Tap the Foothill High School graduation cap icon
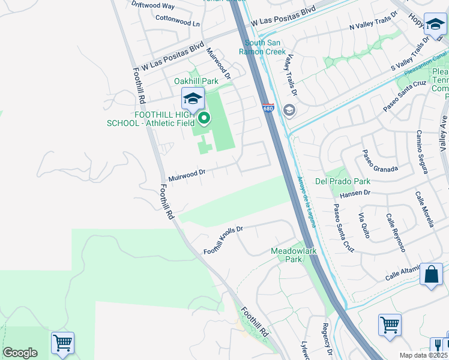click(193, 98)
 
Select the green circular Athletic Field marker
click(204, 118)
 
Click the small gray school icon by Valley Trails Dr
click(289, 110)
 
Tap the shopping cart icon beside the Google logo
click(62, 343)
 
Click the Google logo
click(20, 353)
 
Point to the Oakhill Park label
click(196, 81)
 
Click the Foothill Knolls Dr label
click(223, 240)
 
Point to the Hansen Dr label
click(355, 193)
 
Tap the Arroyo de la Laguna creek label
click(304, 198)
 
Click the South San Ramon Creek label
click(263, 47)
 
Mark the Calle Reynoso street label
click(396, 232)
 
